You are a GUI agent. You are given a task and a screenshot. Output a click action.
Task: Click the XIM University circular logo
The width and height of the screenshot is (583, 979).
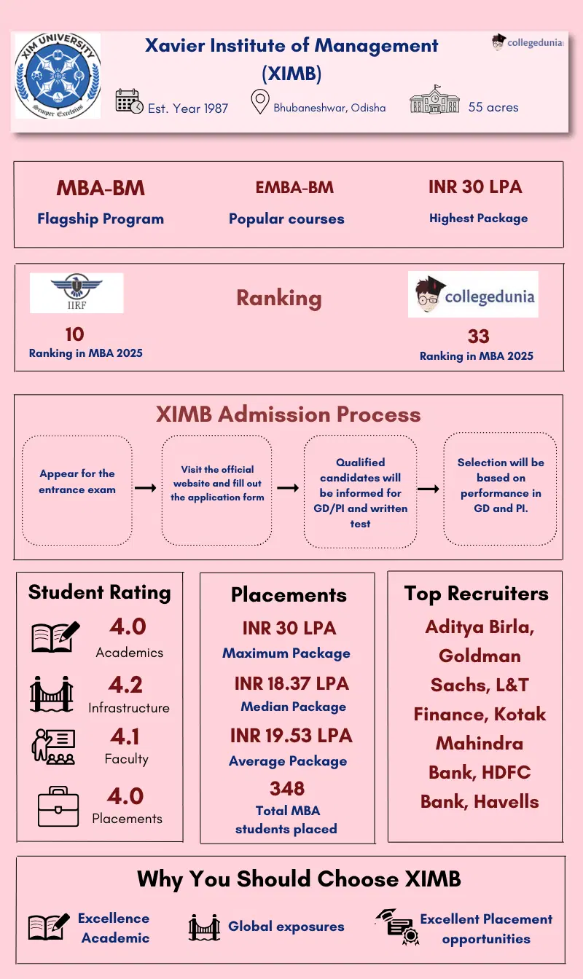coord(58,75)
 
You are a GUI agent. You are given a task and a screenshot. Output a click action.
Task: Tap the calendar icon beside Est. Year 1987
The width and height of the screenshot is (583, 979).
coord(130,101)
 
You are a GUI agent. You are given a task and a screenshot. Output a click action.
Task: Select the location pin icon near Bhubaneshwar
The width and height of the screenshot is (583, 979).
coord(259,102)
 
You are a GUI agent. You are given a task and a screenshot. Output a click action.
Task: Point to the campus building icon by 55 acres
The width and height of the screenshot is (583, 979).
coord(435,100)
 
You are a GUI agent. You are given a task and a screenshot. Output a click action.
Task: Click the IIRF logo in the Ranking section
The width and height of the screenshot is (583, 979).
coord(77,292)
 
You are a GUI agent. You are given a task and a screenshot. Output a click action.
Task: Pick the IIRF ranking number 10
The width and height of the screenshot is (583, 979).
coord(74,334)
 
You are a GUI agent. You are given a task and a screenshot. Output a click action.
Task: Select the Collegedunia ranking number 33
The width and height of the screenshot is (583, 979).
coord(478,337)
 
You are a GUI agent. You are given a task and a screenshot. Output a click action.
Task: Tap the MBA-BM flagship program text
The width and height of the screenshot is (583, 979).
coord(101,188)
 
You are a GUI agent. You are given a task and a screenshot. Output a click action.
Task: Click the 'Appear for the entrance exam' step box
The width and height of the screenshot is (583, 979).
coord(77,490)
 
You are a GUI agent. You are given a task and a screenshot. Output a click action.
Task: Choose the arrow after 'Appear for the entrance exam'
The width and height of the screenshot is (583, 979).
coord(146,487)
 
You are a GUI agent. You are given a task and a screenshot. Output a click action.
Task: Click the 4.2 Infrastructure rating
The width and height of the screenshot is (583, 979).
coord(126,685)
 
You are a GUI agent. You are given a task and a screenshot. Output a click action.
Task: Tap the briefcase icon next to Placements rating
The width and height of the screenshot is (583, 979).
coord(58,806)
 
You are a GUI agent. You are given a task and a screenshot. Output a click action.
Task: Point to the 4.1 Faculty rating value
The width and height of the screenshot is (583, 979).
coord(125,736)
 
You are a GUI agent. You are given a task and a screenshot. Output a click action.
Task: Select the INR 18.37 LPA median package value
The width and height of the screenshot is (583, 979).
coord(291,684)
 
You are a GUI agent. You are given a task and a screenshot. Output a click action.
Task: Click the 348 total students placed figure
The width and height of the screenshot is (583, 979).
coord(286,788)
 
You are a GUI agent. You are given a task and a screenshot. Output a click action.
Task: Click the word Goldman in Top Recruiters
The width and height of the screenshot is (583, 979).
coord(480,656)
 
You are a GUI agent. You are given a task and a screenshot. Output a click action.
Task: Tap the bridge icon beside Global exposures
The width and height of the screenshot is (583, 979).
coord(204,927)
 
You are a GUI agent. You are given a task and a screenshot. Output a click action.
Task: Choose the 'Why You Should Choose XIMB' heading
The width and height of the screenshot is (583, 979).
coord(299,878)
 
